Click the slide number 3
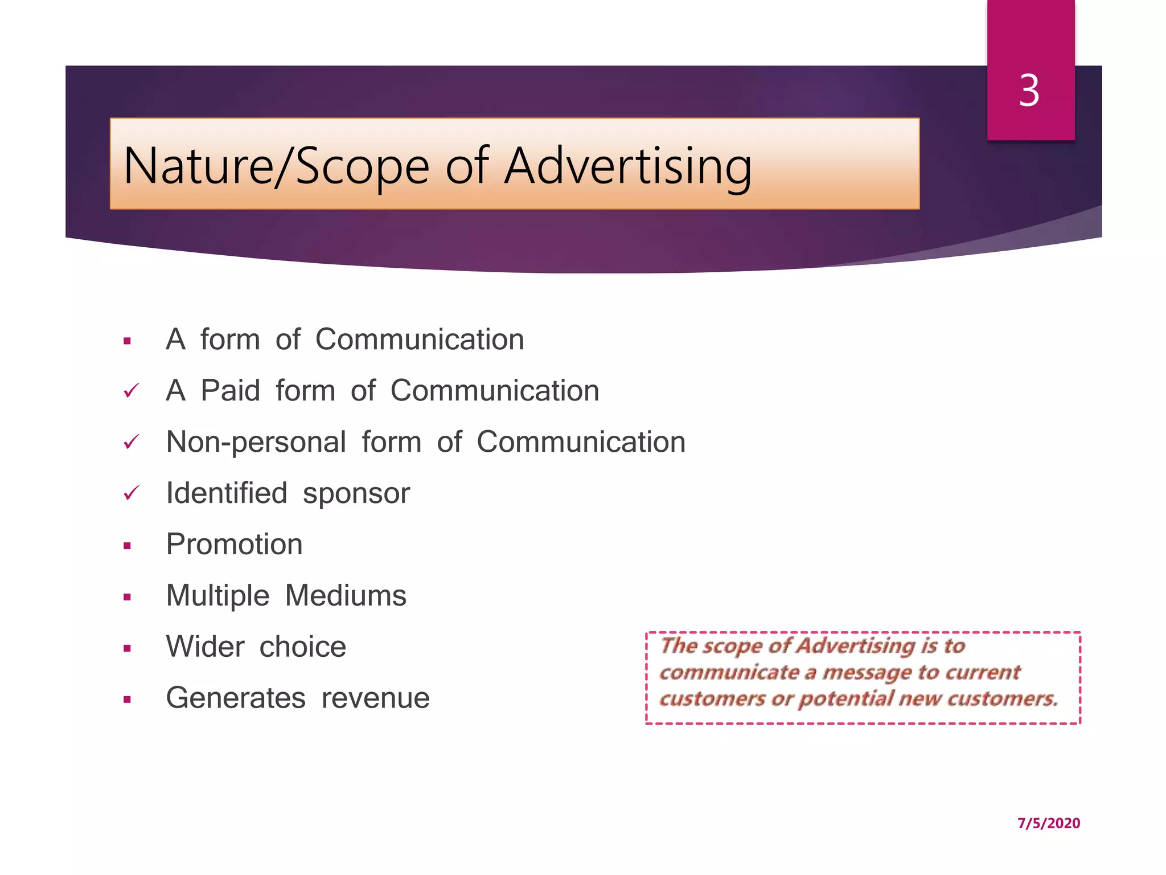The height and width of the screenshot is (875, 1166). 1029,91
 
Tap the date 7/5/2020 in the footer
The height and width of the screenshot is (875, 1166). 1048,823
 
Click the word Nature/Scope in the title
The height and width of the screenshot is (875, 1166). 276,166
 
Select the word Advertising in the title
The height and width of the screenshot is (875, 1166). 628,166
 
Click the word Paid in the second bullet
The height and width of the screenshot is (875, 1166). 231,391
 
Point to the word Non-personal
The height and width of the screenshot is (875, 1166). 256,442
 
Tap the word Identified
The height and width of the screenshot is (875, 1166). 227,493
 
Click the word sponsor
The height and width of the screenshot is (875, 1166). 356,494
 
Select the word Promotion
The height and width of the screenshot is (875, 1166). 234,545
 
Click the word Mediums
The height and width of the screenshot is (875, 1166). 346,596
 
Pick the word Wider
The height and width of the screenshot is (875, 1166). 205,647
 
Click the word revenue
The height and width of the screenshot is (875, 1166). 375,698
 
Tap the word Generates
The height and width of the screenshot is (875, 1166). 236,698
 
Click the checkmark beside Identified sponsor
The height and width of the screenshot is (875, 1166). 131,493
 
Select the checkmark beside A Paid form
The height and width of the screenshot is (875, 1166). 131,391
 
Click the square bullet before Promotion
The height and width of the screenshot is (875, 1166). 127,546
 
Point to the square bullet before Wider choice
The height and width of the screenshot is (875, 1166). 127,648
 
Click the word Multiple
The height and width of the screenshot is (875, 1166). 217,596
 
